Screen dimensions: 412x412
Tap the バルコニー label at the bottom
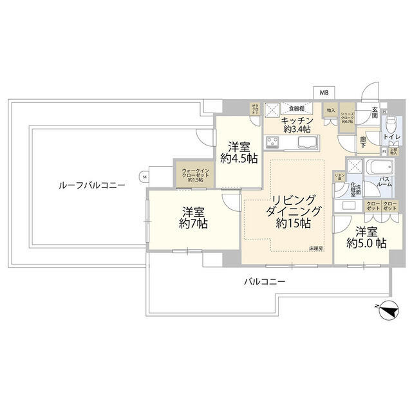point(264,281)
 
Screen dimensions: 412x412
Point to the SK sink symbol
point(144,177)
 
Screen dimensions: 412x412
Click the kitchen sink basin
point(302,141)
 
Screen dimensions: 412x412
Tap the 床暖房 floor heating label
point(315,248)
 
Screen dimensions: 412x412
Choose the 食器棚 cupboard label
point(297,108)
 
